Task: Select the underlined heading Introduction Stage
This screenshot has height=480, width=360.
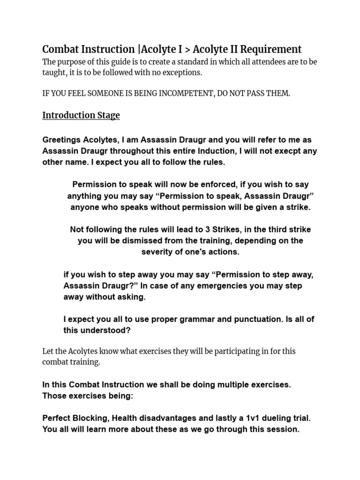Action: click(81, 115)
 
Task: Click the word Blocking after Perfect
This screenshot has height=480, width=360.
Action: click(91, 418)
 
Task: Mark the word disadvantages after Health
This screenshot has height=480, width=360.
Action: click(163, 418)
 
